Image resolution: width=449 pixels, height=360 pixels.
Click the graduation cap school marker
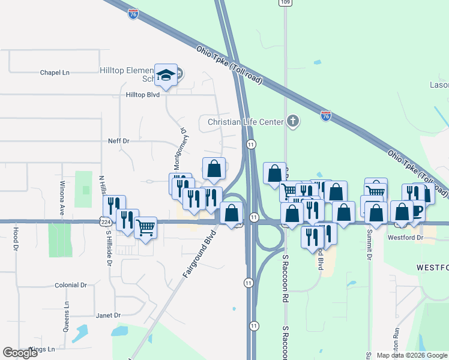[166, 75]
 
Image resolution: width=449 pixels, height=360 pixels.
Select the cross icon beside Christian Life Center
[292, 122]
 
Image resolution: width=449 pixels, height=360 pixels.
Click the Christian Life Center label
[245, 122]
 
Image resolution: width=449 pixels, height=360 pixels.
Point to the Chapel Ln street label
[55, 73]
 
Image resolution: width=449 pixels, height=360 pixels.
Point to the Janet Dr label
[108, 315]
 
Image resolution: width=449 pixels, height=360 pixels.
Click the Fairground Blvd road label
[199, 254]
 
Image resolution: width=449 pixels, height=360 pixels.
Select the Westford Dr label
[406, 238]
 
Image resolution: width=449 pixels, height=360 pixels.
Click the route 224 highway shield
[104, 221]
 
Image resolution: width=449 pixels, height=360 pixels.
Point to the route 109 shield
[285, 3]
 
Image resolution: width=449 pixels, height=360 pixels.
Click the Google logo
[20, 353]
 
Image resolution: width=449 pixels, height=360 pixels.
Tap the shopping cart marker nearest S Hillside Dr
[146, 227]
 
